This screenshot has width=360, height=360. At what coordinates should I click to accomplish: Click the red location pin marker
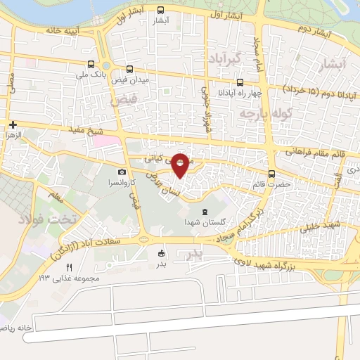pyautogui.click(x=181, y=165)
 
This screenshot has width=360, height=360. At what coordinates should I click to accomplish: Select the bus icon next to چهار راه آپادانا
pyautogui.click(x=240, y=82)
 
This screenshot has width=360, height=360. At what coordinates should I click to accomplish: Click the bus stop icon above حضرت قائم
pyautogui.click(x=272, y=174)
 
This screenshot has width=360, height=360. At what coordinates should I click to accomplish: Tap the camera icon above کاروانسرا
pyautogui.click(x=122, y=172)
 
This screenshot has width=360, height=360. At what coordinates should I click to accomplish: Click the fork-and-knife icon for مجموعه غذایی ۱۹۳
pyautogui.click(x=69, y=267)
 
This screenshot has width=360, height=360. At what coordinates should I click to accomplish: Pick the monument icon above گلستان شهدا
pyautogui.click(x=205, y=212)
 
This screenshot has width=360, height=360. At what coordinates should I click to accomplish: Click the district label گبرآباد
pyautogui.click(x=224, y=56)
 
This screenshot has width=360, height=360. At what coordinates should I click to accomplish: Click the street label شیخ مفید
pyautogui.click(x=86, y=130)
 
